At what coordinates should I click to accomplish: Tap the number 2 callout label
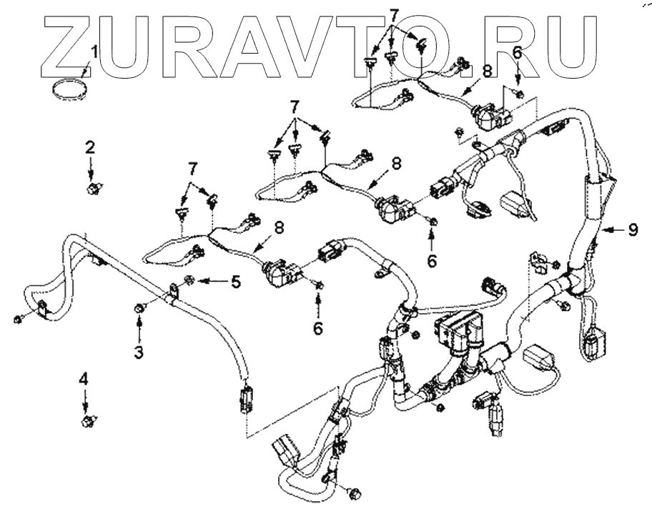(x=90, y=148)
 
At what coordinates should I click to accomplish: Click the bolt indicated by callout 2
(x=92, y=189)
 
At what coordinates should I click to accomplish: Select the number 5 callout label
(x=234, y=281)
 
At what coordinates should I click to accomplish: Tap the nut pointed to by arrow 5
(x=189, y=280)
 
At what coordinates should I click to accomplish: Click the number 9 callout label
(x=632, y=230)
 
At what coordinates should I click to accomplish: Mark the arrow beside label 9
(x=609, y=230)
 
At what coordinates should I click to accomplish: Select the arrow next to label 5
(x=211, y=281)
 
